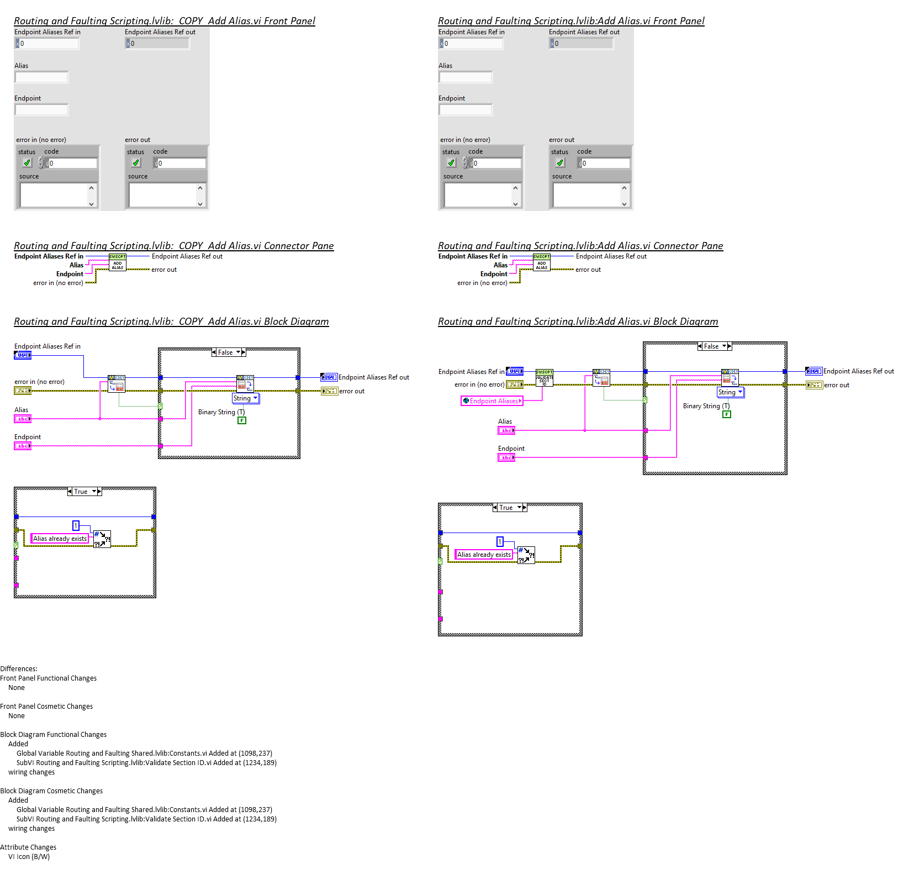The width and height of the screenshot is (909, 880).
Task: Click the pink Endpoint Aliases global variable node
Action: point(492,401)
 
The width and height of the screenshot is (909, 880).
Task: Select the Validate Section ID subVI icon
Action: point(544,378)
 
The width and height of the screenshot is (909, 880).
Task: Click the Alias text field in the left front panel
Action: point(41,77)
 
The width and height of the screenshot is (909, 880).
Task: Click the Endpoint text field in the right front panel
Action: point(466,110)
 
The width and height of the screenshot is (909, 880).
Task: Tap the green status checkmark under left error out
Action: point(136,163)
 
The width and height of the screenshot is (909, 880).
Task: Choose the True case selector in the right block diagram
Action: point(509,508)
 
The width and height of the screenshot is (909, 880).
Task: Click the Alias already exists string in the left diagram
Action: point(60,539)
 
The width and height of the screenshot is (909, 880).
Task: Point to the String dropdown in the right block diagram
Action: point(730,392)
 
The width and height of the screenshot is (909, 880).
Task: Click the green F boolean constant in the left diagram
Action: point(242,420)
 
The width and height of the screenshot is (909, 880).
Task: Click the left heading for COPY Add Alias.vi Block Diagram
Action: point(171,322)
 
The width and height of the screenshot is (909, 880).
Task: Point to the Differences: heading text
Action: point(19,669)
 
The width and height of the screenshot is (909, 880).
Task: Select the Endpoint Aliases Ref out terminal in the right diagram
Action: point(813,371)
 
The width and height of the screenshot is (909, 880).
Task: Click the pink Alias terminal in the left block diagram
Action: point(23,419)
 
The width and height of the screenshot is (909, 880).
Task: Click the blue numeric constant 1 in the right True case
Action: point(500,542)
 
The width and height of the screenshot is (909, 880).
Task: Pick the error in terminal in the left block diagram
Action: point(23,391)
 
